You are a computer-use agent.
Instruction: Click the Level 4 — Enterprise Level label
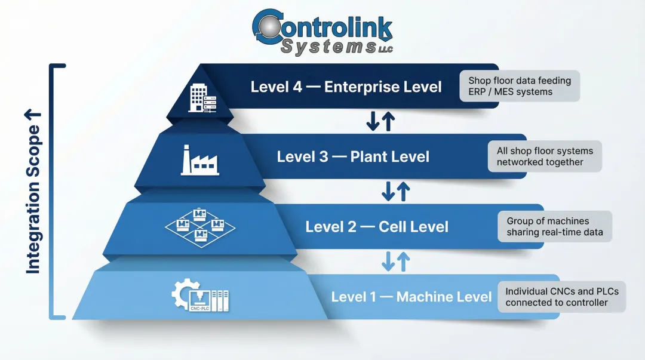click(346, 87)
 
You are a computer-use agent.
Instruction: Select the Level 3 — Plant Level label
click(353, 157)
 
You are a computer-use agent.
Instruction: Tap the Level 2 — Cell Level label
click(377, 227)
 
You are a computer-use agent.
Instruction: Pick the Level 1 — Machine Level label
click(411, 297)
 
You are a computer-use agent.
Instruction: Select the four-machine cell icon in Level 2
click(200, 226)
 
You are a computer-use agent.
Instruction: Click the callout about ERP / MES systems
click(520, 86)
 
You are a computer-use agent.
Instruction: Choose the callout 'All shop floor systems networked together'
click(544, 156)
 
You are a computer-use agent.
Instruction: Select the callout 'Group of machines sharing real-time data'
click(555, 226)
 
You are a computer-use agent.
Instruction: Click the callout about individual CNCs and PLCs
click(561, 297)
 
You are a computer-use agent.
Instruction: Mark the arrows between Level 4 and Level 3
click(380, 121)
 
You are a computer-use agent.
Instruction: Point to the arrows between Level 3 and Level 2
click(395, 191)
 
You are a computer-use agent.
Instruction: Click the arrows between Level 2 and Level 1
click(395, 261)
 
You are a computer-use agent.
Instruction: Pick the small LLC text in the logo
click(385, 50)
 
